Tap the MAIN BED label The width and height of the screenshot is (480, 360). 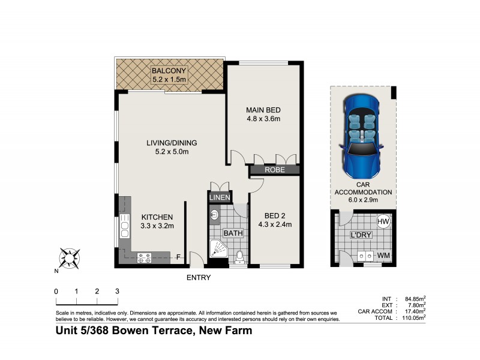(263, 110)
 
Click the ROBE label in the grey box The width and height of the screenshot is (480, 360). (275, 170)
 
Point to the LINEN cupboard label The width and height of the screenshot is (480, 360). (218, 197)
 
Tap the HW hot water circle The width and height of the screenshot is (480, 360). (383, 221)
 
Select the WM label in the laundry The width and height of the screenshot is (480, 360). (382, 256)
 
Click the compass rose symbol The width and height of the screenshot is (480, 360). (68, 258)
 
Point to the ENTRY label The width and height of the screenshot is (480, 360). (199, 277)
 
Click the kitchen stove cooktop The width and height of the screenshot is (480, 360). (145, 257)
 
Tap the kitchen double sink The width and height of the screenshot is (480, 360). (125, 226)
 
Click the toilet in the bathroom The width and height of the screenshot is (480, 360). (239, 256)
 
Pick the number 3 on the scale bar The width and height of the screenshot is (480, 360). (117, 291)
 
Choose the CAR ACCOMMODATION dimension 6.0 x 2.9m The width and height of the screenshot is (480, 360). (362, 200)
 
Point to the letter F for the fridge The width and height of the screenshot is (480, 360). (178, 258)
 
